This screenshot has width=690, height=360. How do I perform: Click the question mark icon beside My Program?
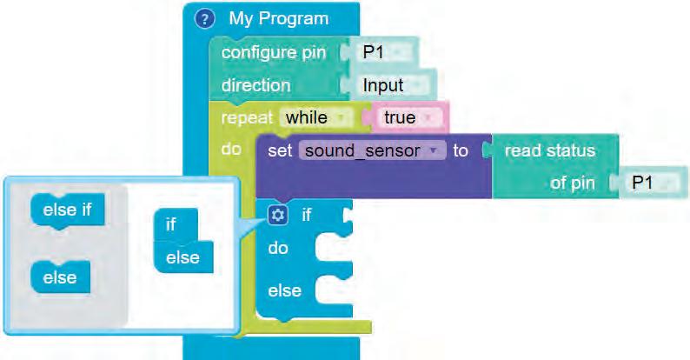click(204, 19)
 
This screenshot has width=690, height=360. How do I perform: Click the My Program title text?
click(278, 18)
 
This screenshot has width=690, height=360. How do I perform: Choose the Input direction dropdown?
click(386, 85)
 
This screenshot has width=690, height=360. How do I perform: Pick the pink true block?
click(405, 117)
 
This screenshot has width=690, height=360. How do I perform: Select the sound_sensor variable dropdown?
click(368, 150)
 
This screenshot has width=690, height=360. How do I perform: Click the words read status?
click(549, 150)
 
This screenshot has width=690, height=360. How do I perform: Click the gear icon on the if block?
click(278, 215)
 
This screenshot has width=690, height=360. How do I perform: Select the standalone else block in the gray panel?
click(60, 278)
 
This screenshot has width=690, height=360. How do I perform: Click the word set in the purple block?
click(279, 150)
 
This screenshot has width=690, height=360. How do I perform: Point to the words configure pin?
click(274, 52)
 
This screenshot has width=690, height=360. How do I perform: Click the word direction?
click(255, 85)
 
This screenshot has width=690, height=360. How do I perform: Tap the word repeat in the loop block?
click(247, 117)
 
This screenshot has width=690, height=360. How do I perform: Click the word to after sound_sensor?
click(461, 150)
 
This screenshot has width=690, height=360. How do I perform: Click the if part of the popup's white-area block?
click(170, 224)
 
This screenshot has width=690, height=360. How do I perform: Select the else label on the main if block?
click(284, 290)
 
